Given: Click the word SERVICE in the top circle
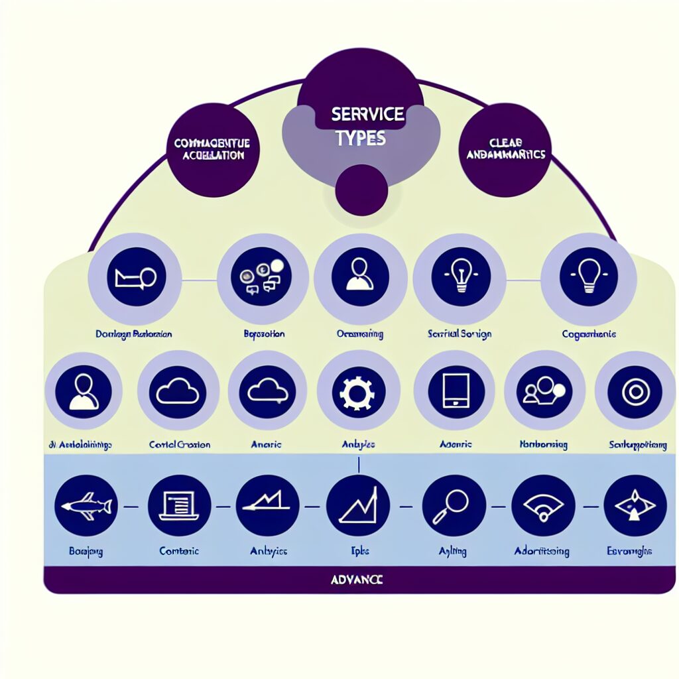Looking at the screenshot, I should tap(368, 114).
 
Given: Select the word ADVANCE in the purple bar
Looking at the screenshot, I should tap(356, 580).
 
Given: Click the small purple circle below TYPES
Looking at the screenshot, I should tap(361, 190).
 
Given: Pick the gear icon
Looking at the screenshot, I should tap(358, 393).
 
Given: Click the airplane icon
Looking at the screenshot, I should tap(86, 506).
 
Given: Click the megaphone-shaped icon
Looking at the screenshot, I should tap(135, 278).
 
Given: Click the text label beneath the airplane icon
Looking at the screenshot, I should tap(86, 552).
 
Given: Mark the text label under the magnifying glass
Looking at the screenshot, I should tap(454, 552).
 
